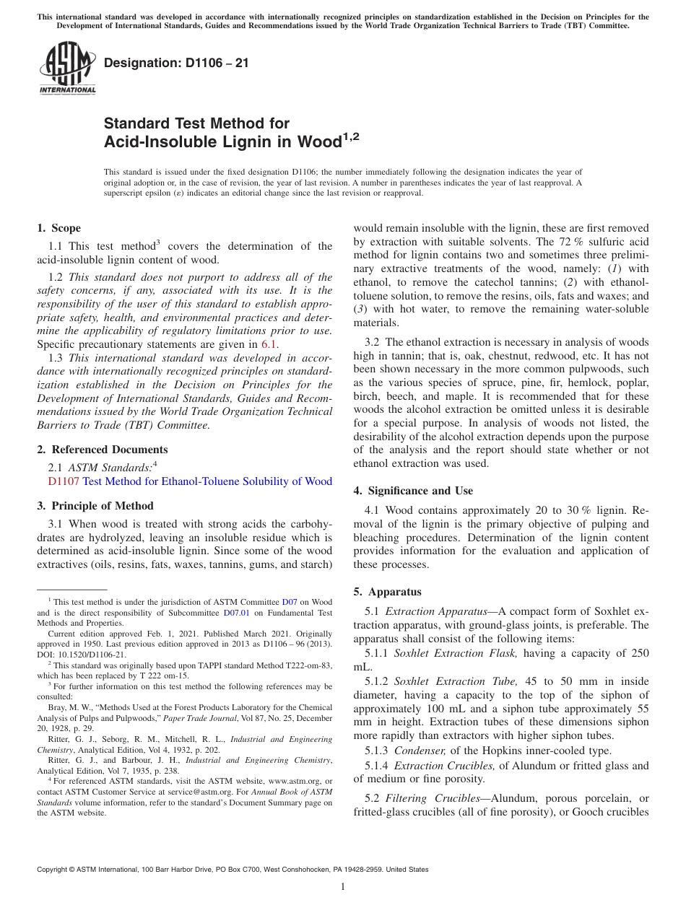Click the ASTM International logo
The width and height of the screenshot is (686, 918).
pos(67,69)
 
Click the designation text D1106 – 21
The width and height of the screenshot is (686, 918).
pos(176,63)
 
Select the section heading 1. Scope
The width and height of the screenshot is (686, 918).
pos(59,228)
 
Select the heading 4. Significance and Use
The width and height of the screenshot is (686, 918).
pos(413,491)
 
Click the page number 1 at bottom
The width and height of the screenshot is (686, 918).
pos(343,887)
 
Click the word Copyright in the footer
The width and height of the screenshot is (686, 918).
pos(55,870)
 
